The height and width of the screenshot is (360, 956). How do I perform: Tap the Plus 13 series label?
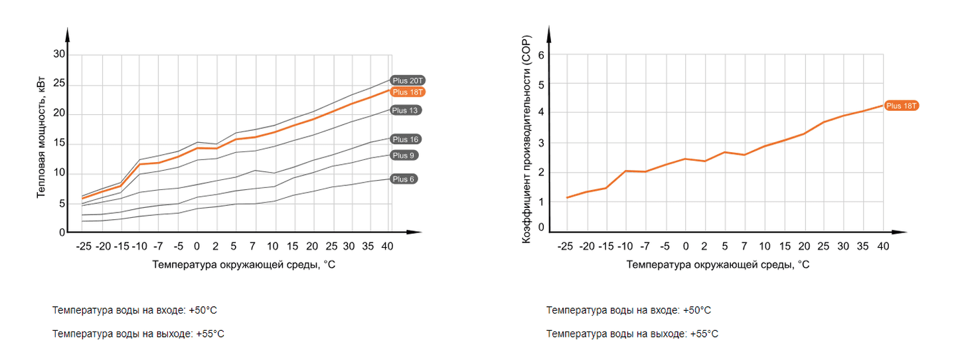[x=404, y=110]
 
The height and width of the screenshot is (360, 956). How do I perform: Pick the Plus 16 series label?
[x=404, y=139]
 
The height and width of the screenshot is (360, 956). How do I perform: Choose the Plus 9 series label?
[x=403, y=155]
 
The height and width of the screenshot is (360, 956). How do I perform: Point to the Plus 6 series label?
[x=403, y=179]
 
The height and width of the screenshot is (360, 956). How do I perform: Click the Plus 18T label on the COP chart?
[x=902, y=106]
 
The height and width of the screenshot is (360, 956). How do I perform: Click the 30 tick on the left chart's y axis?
[x=59, y=54]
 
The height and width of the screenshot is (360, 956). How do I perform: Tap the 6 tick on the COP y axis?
[x=541, y=55]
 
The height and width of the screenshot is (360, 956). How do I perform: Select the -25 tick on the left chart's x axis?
[x=84, y=246]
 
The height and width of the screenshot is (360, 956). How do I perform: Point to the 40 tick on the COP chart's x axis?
[x=883, y=246]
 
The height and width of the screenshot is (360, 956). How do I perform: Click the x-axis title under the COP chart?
[x=718, y=264]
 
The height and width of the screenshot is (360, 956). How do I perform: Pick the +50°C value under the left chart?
[x=203, y=310]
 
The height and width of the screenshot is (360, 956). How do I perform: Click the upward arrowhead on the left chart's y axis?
[x=68, y=33]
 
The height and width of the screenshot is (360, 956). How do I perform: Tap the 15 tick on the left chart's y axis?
[x=59, y=143]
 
